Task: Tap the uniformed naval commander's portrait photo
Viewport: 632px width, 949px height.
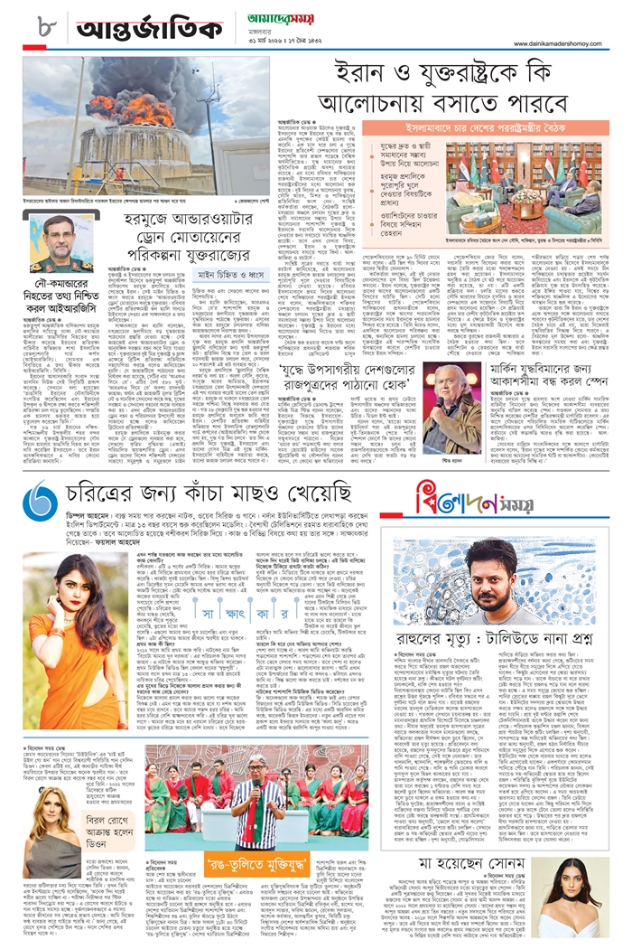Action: point(60,242)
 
